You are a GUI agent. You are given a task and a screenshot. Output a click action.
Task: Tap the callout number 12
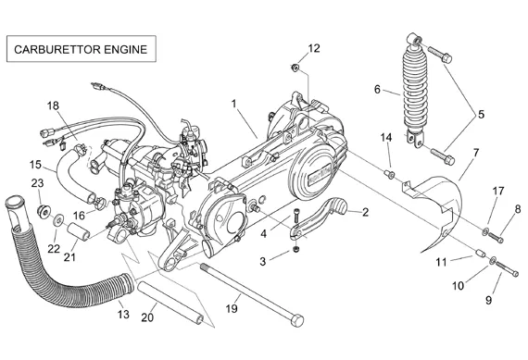click(x=314, y=48)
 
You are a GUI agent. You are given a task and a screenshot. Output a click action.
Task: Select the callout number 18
click(x=53, y=106)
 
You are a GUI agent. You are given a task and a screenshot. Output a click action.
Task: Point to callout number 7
click(x=476, y=153)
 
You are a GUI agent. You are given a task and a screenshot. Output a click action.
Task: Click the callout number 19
click(x=232, y=308)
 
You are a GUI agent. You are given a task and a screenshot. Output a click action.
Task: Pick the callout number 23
click(x=37, y=183)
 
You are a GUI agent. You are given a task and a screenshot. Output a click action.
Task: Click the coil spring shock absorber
click(x=415, y=93)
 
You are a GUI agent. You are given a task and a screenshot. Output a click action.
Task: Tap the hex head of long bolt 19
click(x=296, y=320)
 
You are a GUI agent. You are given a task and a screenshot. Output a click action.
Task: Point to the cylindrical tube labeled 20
click(x=170, y=303)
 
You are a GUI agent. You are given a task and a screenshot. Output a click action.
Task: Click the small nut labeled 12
click(x=295, y=68)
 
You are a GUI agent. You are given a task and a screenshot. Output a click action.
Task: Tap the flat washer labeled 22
click(x=58, y=220)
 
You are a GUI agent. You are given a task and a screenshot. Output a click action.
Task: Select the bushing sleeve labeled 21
click(x=78, y=230)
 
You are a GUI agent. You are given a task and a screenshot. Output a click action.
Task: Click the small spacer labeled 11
click(x=480, y=253)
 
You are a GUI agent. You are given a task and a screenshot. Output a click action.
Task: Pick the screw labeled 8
click(x=496, y=237)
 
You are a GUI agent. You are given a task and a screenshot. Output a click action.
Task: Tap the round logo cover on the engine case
click(x=316, y=173)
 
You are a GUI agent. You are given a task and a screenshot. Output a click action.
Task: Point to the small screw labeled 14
click(x=389, y=174)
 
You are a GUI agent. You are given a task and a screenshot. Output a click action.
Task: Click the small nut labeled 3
click(x=296, y=249)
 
